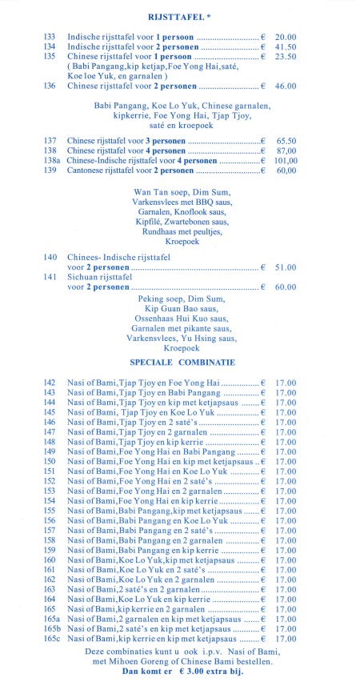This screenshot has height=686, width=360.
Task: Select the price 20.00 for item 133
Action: (286, 37)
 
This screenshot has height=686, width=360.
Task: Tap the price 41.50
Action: (286, 46)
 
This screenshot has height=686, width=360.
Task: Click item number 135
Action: (50, 56)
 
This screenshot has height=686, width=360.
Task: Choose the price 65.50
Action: (286, 141)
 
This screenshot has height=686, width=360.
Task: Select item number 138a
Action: (52, 160)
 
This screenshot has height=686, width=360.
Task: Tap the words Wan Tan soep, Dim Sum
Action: (179, 192)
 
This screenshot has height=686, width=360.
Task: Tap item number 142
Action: (50, 384)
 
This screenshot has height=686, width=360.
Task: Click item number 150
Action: (50, 461)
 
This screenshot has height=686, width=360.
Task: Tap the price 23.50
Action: (286, 56)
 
